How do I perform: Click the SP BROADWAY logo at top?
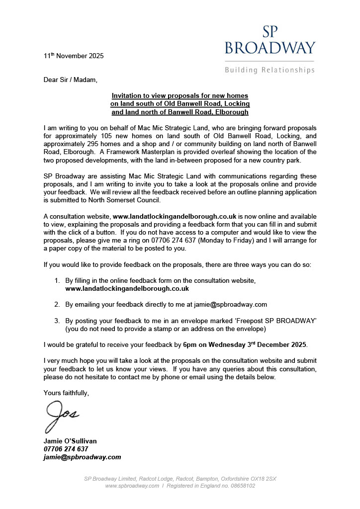coord(270,38)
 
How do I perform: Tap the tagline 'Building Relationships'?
coord(270,70)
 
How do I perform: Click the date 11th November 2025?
coord(74,56)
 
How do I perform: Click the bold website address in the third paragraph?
coord(175,217)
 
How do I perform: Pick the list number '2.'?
coord(57,304)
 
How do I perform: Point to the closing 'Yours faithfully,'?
coord(67,393)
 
